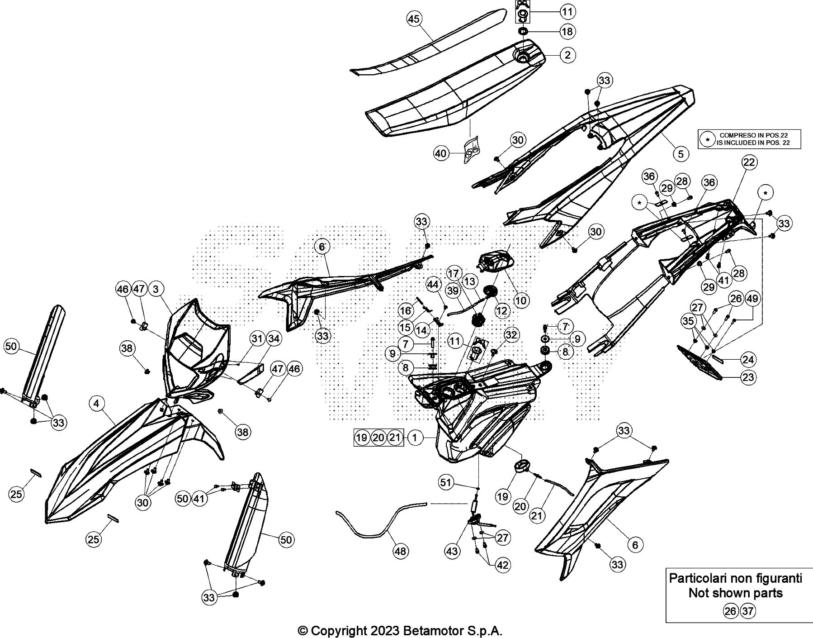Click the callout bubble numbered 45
tap(414, 19)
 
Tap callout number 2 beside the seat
tap(567, 55)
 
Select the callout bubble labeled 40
tap(441, 153)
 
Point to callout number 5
tap(681, 153)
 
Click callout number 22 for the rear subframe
tap(749, 162)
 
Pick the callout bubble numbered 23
tap(748, 377)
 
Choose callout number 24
tap(748, 360)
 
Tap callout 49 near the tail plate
tap(752, 299)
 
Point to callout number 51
tap(446, 482)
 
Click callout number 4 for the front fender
tap(97, 403)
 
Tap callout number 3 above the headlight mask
tap(156, 289)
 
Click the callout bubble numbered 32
tap(511, 335)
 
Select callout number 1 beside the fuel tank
tap(415, 437)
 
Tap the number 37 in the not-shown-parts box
tap(748, 611)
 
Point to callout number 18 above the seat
tap(567, 31)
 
